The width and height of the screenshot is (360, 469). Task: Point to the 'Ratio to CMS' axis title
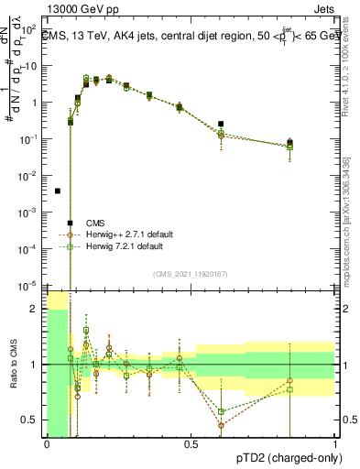coord(14,365)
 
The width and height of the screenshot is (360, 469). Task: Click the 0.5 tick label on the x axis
coord(191,444)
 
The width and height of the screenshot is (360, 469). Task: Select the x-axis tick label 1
coord(334,444)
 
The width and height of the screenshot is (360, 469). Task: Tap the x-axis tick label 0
coord(47,444)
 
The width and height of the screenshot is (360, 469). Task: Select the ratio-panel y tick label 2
coord(36,309)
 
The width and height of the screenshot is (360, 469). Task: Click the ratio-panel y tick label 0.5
coord(33,420)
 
